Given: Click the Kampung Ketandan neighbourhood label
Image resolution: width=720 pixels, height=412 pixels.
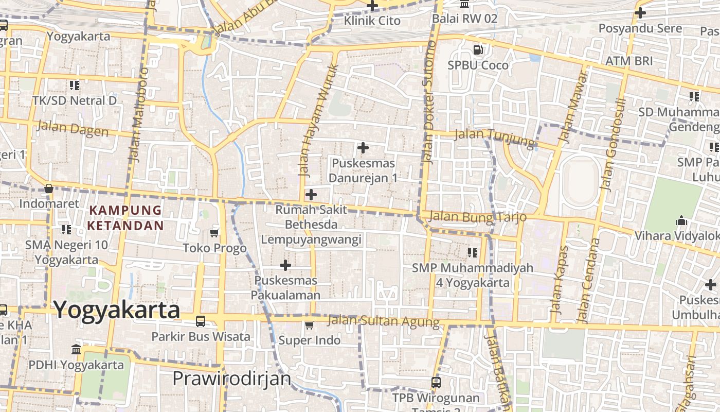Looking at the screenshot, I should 125,218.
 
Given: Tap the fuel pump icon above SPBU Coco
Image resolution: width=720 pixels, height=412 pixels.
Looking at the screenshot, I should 478,50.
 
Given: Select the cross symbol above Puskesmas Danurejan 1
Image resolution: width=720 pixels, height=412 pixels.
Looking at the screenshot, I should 363,148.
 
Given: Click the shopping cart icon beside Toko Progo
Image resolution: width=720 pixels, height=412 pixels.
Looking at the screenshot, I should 214,233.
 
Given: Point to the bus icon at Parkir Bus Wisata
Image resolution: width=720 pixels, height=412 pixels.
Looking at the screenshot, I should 201,321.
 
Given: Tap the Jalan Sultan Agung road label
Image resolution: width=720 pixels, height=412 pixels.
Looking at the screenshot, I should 384,322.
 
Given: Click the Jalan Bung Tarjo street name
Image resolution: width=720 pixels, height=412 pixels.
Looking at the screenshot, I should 477,217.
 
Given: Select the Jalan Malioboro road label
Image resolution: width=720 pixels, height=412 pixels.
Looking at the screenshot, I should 137,114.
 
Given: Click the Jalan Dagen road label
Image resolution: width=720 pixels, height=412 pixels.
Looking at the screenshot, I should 73,128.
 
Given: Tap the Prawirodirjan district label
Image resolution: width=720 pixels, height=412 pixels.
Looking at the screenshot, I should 231,379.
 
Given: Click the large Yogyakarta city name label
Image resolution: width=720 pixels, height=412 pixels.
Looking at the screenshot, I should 117,310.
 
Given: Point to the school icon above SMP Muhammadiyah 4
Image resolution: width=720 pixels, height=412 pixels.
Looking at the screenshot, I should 472,253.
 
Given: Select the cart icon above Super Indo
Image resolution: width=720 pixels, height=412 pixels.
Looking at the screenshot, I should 309,325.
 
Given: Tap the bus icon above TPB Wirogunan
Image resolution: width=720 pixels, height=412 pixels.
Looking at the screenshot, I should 436,383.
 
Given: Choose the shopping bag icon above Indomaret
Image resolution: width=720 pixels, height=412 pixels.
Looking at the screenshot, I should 49,189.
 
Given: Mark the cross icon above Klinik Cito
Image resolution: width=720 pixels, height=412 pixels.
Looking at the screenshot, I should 372,6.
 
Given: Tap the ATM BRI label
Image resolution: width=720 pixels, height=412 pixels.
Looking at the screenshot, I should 628,61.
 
